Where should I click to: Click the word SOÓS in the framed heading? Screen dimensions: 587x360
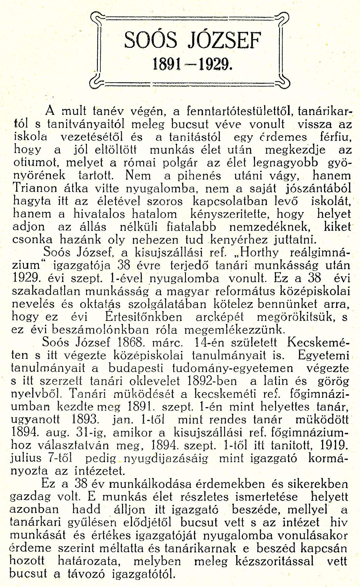tap(151, 41)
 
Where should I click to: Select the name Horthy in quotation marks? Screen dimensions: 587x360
tap(260, 252)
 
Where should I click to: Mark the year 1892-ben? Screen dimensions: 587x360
tap(212, 381)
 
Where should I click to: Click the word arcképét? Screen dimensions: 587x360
tap(220, 317)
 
